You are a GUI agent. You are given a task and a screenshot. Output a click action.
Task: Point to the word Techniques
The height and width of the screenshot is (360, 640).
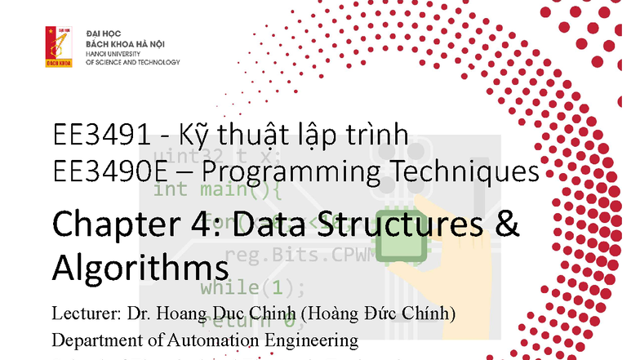point(470,171)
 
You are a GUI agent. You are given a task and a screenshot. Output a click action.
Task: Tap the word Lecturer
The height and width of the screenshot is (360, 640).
point(82,313)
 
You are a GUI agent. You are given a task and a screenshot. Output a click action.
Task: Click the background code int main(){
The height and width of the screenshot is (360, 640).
point(217,190)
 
